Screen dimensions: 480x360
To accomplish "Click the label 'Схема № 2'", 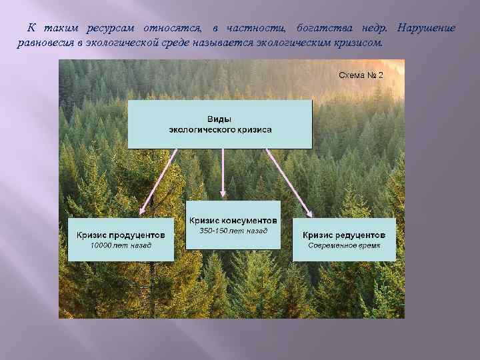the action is tap(361, 75).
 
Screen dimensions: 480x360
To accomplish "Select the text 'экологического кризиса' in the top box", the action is tap(219, 129).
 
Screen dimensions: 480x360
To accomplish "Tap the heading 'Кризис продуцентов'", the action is tap(121, 235).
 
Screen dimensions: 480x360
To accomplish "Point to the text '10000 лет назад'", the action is tap(121, 245).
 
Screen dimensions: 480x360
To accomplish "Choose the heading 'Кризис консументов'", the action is tap(233, 220).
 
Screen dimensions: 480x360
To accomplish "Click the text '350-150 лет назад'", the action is tap(233, 231).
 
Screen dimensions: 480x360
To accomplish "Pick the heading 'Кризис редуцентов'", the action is tap(344, 235).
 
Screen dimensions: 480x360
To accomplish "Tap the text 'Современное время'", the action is tap(344, 245).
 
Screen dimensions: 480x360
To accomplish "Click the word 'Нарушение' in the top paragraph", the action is tap(426, 28).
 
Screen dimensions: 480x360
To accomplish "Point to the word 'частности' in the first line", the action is tap(257, 28).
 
